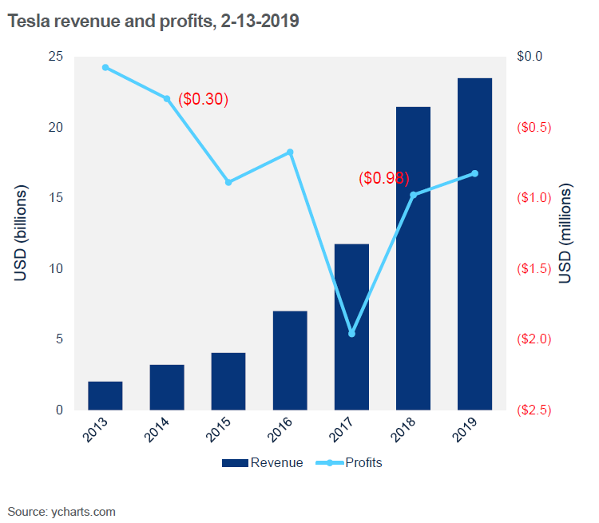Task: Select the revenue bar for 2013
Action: click(x=105, y=395)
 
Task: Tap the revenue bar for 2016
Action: click(x=290, y=360)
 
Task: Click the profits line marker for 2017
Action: click(x=351, y=333)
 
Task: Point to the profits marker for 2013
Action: click(x=105, y=67)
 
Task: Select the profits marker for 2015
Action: click(x=228, y=182)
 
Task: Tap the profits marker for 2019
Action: click(x=474, y=173)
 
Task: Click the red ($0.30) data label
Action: click(x=203, y=99)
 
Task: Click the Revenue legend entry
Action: click(x=263, y=463)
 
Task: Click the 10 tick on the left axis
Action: click(x=55, y=268)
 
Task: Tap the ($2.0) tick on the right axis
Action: click(x=533, y=339)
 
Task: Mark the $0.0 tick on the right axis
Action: click(x=530, y=57)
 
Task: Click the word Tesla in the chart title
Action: click(x=26, y=22)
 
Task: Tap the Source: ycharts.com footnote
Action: click(x=61, y=511)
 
